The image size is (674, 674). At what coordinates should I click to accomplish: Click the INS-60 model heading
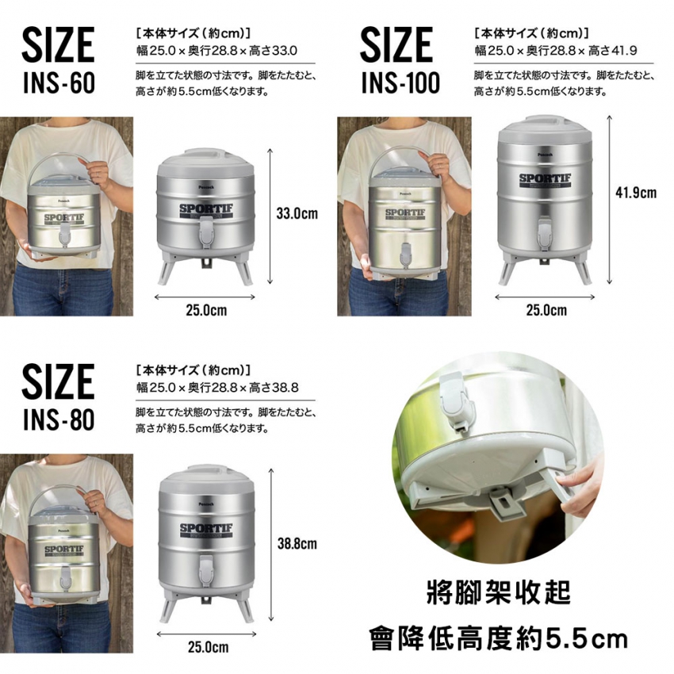coord(59,82)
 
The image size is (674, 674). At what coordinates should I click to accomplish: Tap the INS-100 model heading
coord(400,82)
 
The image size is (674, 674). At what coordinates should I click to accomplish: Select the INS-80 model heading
coord(59,419)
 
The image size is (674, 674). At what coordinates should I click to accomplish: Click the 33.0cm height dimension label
coord(297,213)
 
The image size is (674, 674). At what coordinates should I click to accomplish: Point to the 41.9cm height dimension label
coord(636,193)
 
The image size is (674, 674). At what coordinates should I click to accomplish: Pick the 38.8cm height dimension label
coord(297,544)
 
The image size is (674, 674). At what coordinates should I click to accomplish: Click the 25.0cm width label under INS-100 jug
coord(546,310)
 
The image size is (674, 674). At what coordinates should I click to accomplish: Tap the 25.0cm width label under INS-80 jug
coord(208,647)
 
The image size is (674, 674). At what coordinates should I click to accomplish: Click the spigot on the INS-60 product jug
coord(206,232)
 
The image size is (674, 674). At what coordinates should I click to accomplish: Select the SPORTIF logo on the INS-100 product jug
coord(545,180)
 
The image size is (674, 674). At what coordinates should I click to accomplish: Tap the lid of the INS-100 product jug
coord(545,129)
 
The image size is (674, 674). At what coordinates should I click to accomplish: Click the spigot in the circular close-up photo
coord(457,400)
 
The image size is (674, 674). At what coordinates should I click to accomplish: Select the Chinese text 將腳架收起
coord(499,592)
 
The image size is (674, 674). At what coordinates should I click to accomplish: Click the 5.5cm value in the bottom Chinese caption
coord(587,639)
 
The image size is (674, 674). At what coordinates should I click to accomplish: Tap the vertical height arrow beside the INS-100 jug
coord(609,200)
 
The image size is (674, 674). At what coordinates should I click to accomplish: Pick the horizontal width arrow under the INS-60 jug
coord(205,297)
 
